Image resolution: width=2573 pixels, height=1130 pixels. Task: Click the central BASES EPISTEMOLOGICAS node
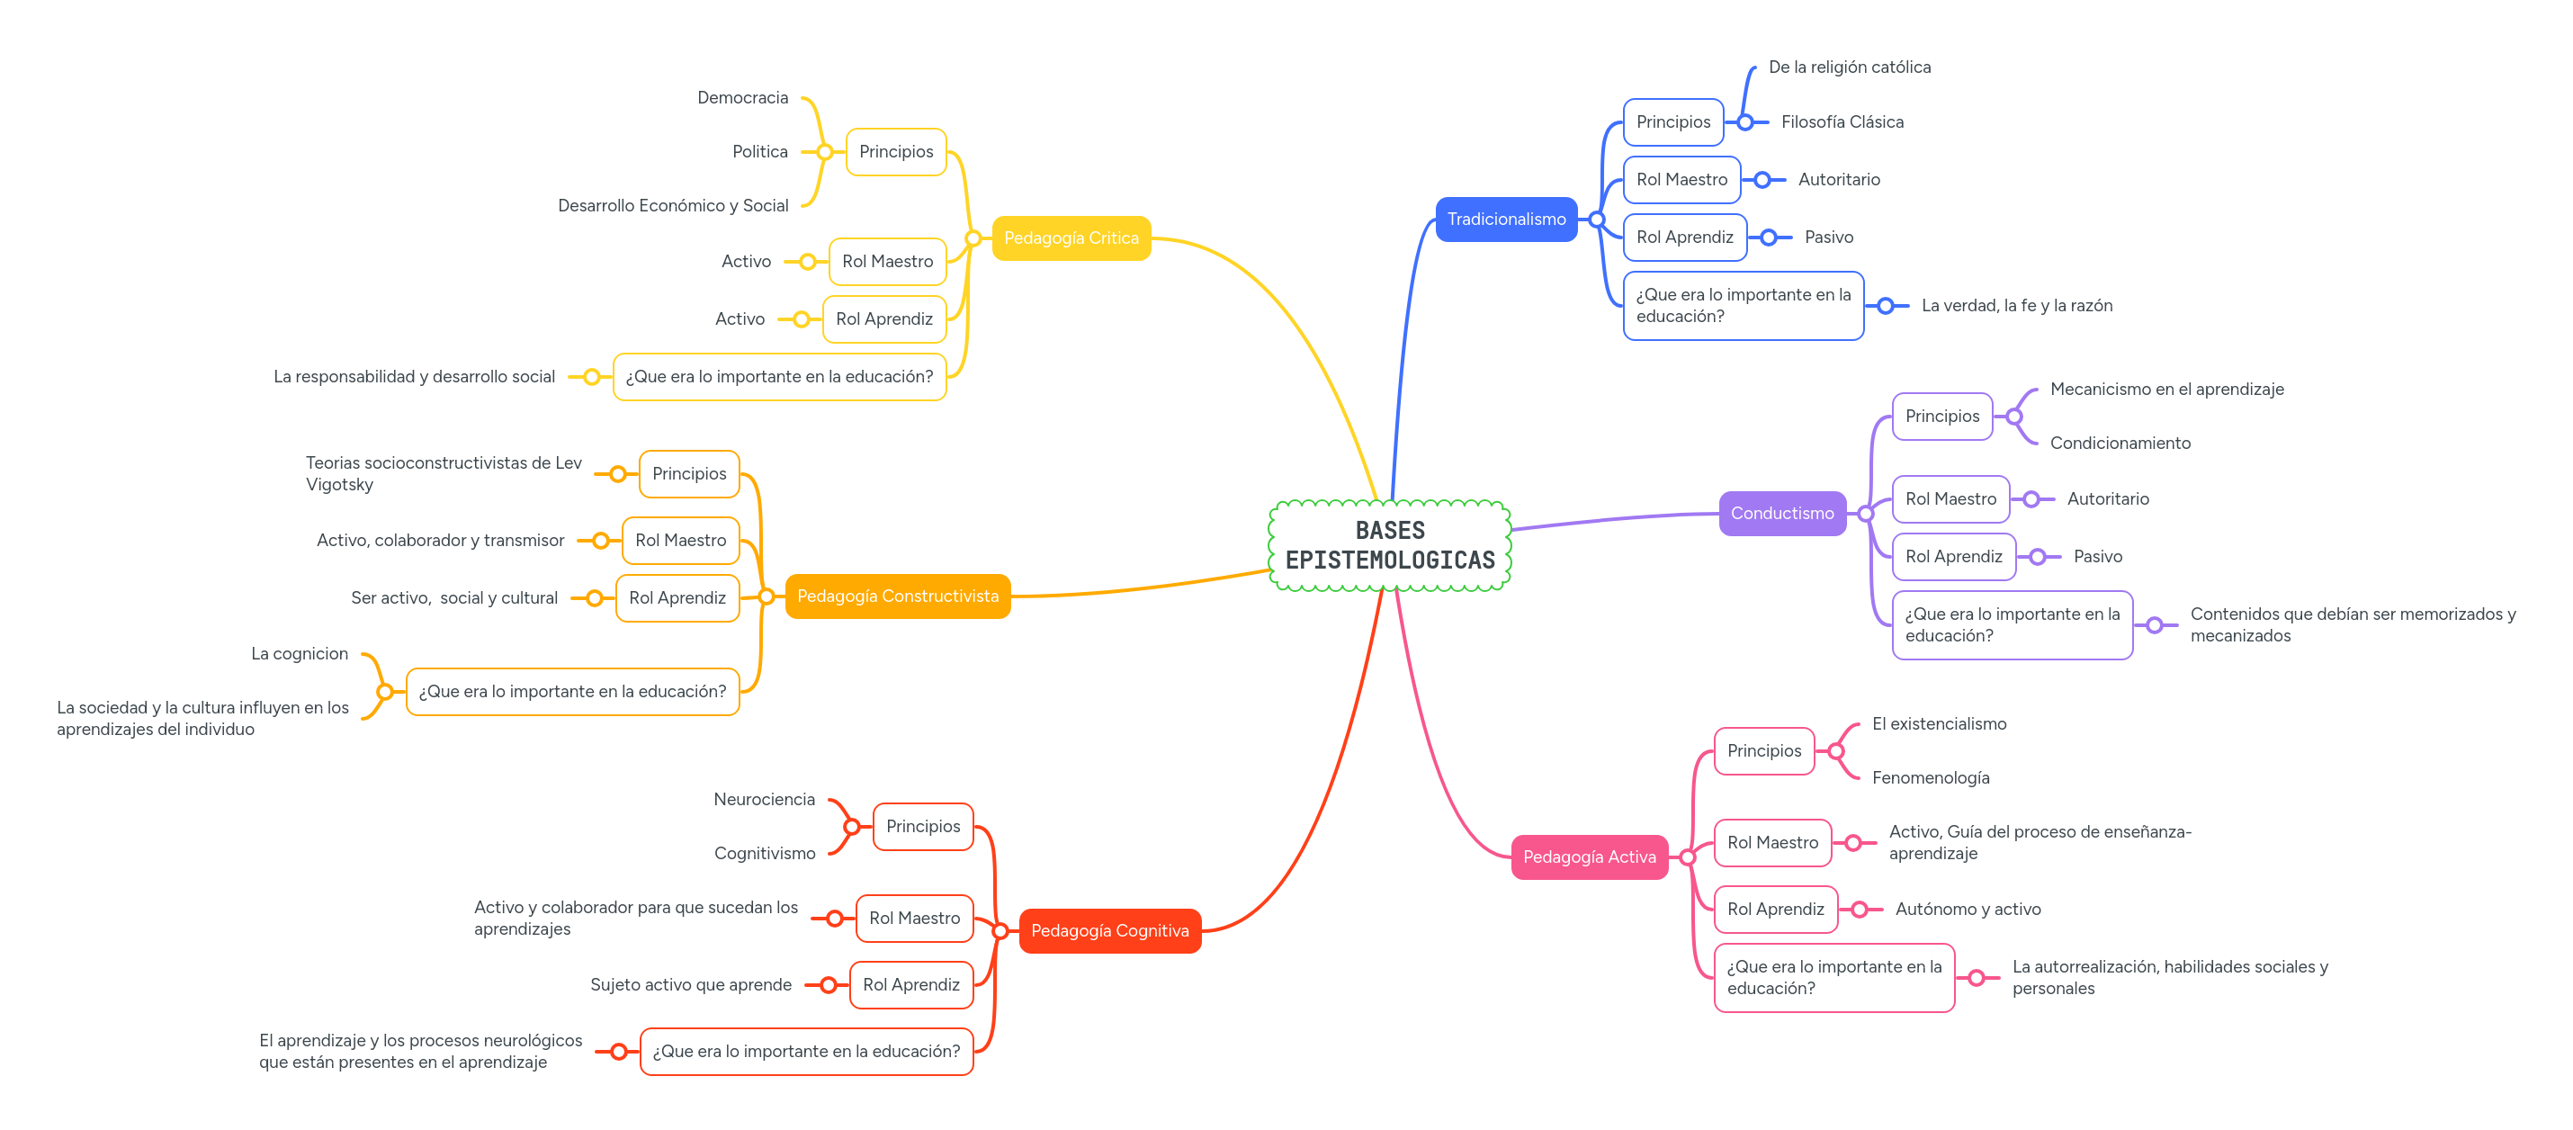[x=1389, y=545]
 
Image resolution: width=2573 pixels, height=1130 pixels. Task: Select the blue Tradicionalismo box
[x=1505, y=219]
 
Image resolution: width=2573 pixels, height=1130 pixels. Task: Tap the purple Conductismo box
[x=1781, y=514]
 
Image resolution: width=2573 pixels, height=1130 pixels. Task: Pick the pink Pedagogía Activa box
[x=1588, y=857]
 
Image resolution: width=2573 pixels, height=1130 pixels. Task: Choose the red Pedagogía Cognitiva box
[x=1108, y=931]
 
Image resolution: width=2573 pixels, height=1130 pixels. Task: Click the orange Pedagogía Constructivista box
[x=897, y=596]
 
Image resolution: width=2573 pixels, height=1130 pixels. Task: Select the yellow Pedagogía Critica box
[x=1071, y=238]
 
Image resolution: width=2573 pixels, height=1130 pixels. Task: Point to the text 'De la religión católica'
[x=1849, y=67]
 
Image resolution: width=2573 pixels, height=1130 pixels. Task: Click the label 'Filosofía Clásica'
[x=1842, y=121]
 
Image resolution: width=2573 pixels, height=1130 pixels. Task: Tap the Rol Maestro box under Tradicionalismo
[x=1681, y=180]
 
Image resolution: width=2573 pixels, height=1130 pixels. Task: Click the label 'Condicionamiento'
[x=2120, y=444]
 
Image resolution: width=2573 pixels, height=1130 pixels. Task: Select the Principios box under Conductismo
[x=1941, y=417]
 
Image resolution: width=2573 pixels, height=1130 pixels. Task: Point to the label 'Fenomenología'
[x=1930, y=778]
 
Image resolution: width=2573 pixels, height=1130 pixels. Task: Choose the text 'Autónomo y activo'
[x=1967, y=910]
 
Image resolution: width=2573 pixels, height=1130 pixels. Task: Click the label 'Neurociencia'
[x=764, y=799]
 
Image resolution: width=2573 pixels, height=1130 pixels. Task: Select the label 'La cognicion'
[x=300, y=653]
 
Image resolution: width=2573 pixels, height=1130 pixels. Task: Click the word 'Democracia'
[x=742, y=98]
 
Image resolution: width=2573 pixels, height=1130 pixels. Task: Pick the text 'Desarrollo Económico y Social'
[x=672, y=206]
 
